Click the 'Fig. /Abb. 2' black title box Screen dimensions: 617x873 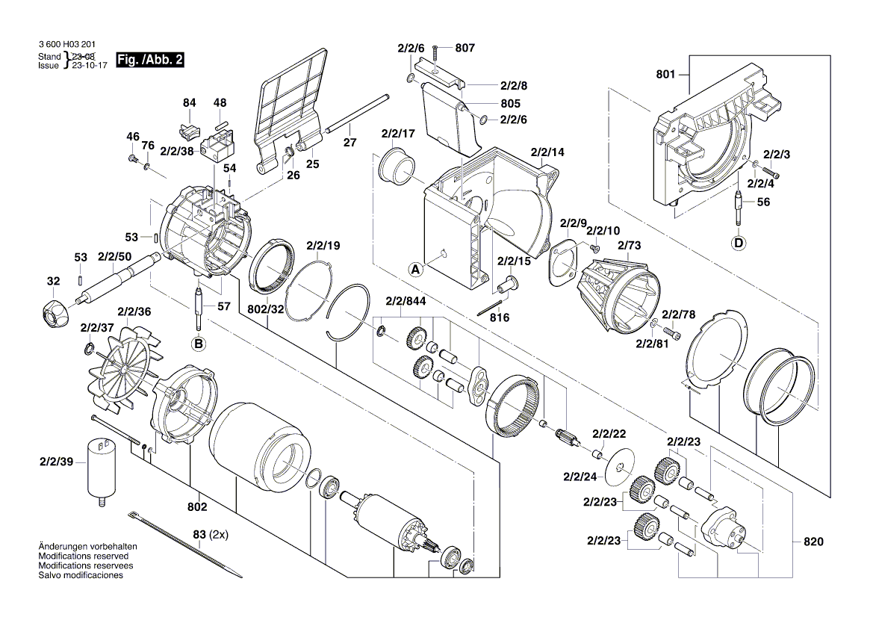pyautogui.click(x=150, y=60)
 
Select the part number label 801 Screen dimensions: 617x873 pyautogui.click(x=665, y=75)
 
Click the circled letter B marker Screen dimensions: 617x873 pyautogui.click(x=198, y=344)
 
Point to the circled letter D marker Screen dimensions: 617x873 pyautogui.click(x=739, y=242)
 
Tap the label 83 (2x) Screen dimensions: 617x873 pyautogui.click(x=209, y=535)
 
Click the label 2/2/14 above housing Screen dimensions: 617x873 pyautogui.click(x=547, y=152)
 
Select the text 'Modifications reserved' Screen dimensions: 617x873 pyautogui.click(x=83, y=556)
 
